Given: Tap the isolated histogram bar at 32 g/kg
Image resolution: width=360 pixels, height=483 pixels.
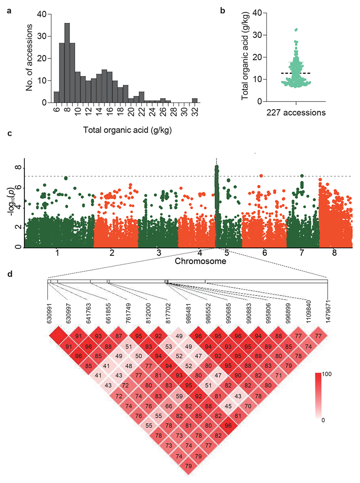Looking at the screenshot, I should coord(194,100).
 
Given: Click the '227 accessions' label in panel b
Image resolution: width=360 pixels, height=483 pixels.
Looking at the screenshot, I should coord(297,113).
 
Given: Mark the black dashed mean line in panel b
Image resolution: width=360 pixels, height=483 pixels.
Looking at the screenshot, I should coord(297,73).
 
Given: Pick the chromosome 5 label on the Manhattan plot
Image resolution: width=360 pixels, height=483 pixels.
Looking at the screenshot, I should coord(227,253).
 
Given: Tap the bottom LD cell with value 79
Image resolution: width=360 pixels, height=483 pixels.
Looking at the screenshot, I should coord(188,466).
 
